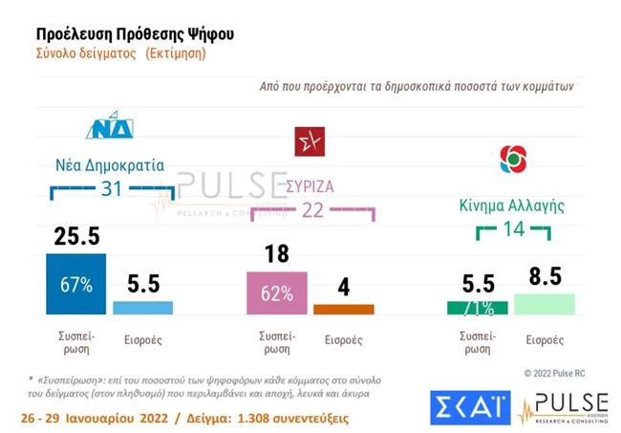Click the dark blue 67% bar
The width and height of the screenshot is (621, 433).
pyautogui.click(x=75, y=284)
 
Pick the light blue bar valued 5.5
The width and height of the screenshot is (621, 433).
pyautogui.click(x=142, y=308)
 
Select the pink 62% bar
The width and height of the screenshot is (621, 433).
pyautogui.click(x=277, y=292)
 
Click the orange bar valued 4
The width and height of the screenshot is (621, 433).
pyautogui.click(x=344, y=309)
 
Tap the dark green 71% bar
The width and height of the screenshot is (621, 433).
pyautogui.click(x=477, y=307)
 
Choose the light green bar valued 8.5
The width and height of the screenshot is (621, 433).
pyautogui.click(x=544, y=303)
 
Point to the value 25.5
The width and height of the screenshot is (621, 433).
pyautogui.click(x=75, y=236)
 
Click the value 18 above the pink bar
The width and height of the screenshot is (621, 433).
pyautogui.click(x=277, y=255)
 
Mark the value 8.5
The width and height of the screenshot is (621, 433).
pyautogui.click(x=544, y=277)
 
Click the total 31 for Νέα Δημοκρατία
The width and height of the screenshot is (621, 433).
pyautogui.click(x=112, y=189)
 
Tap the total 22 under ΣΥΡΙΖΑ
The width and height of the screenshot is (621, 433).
pyautogui.click(x=311, y=210)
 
